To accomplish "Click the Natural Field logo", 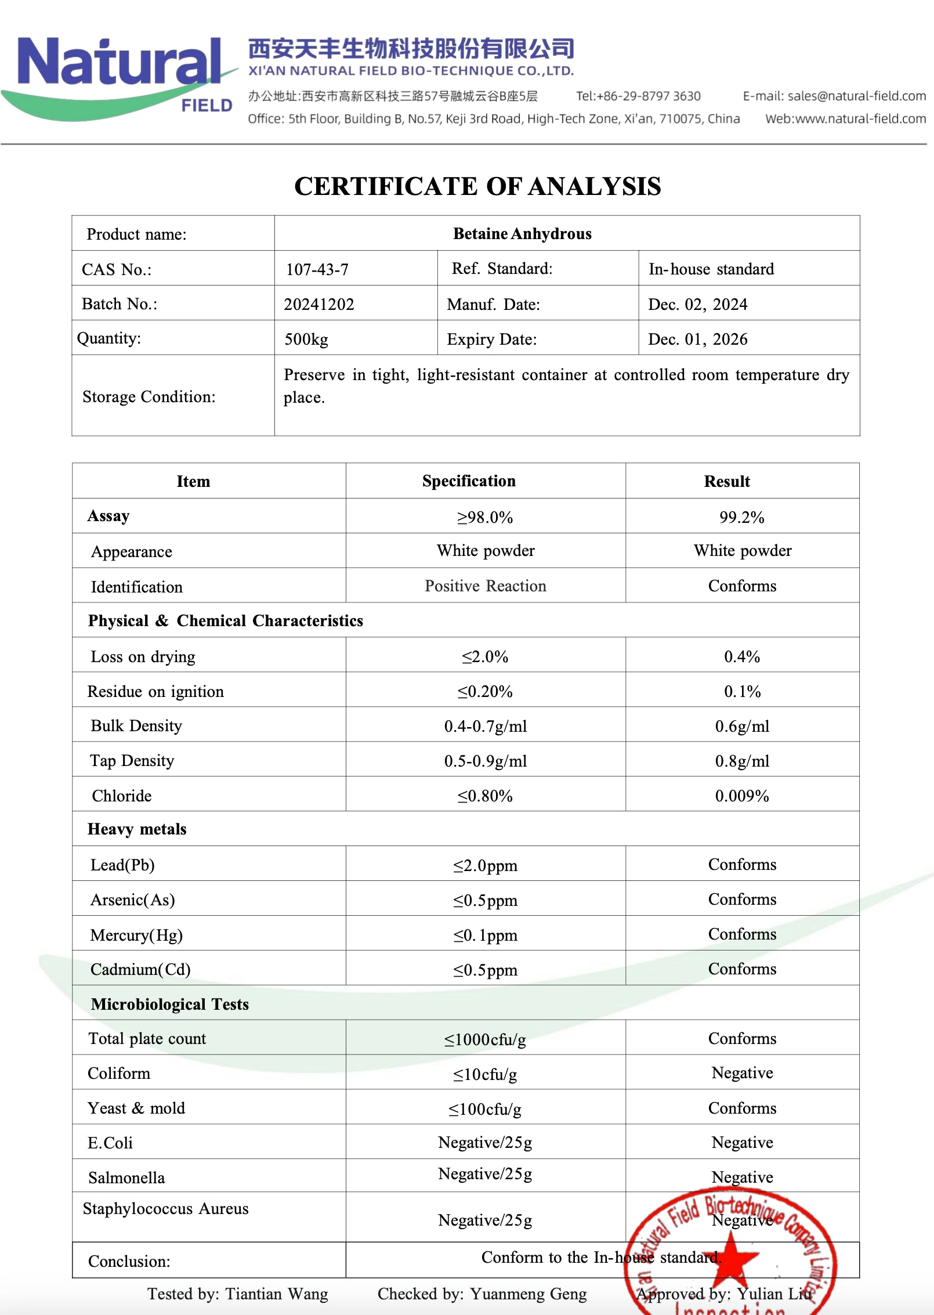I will coord(119,75).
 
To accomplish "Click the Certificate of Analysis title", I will coord(477,186).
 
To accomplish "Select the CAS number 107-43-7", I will coord(317,269).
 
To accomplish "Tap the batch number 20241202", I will coord(318,304).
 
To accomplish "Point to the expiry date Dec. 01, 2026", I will coord(697,339).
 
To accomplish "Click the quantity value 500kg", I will coord(306,339).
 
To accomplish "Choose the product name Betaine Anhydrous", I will coord(522,234).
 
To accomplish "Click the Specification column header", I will coord(468,481).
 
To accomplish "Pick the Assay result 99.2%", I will coord(741,517).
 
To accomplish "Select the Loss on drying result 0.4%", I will coord(741,656).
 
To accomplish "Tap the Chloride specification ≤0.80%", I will coord(485,796).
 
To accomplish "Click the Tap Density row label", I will coord(132,761).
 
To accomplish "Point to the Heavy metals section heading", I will coord(137,829).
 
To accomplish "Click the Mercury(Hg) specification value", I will coord(485,935).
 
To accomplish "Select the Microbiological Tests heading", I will coord(169,1004).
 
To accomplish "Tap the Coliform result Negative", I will coord(742,1073).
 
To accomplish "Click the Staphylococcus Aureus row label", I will coord(165,1209).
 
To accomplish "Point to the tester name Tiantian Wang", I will coord(276,1294).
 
